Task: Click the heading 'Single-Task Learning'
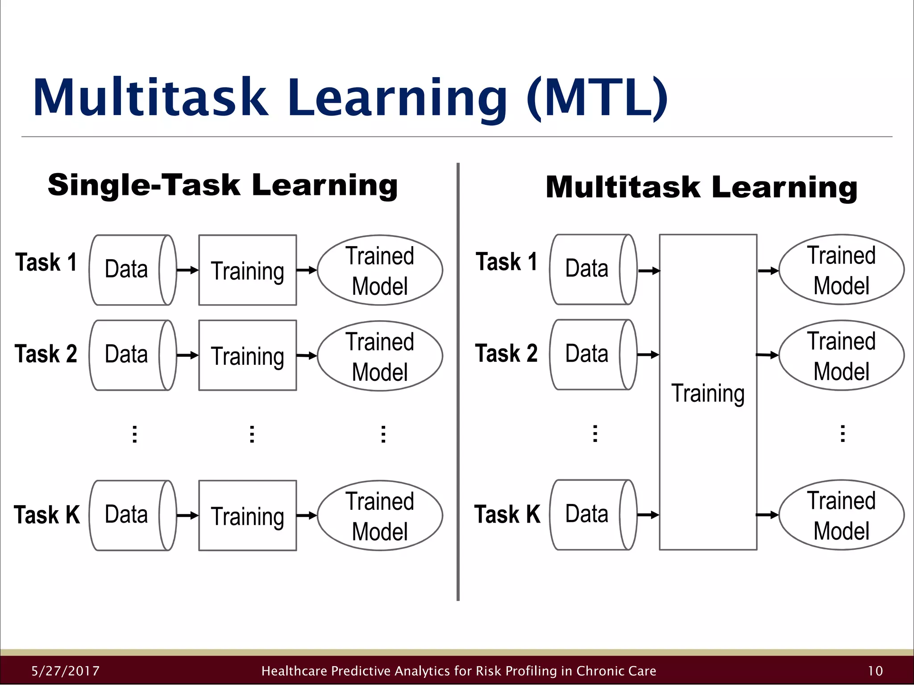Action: (x=222, y=185)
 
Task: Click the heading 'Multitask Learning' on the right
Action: (x=701, y=187)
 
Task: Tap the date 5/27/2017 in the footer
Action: (x=66, y=671)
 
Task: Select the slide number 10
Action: (x=875, y=671)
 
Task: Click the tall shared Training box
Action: (x=708, y=392)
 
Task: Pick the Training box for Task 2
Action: (x=248, y=355)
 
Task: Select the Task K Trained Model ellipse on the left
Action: (x=380, y=516)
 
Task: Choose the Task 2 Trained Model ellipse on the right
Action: (x=841, y=355)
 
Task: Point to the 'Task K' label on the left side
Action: (x=47, y=515)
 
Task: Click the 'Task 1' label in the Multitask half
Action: (x=507, y=262)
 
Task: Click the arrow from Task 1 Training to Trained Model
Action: (x=307, y=270)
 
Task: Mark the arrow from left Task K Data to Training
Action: (x=187, y=516)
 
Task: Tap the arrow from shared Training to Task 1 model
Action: (x=768, y=270)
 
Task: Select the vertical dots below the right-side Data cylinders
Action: (x=595, y=433)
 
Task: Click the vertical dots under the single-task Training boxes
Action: (x=252, y=434)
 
